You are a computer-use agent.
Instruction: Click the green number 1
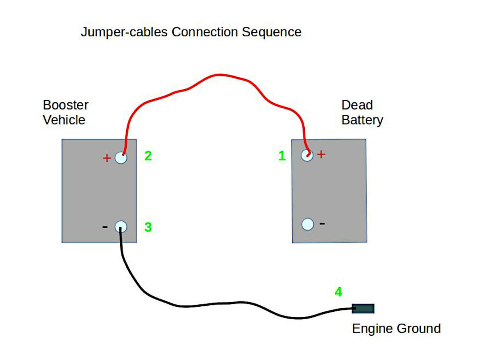(282, 156)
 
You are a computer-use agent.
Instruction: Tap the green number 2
(148, 156)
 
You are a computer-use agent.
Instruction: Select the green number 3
(148, 227)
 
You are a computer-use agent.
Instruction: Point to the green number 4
(338, 292)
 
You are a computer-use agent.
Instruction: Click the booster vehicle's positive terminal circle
(121, 158)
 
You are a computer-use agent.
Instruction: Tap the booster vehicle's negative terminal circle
(121, 227)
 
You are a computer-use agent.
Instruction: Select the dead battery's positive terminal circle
(307, 155)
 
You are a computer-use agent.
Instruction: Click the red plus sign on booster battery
(106, 158)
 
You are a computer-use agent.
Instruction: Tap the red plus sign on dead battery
(321, 154)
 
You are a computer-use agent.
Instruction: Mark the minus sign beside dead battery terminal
(322, 223)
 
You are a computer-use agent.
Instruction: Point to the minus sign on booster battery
(105, 227)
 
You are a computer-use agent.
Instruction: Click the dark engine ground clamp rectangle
(363, 308)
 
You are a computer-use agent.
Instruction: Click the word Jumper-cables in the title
(124, 32)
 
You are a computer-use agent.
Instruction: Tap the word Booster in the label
(65, 105)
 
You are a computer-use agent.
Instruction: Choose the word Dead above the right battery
(357, 105)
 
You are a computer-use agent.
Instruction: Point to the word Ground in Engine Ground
(418, 329)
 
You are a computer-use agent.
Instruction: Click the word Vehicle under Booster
(64, 120)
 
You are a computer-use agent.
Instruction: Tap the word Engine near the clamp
(372, 329)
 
